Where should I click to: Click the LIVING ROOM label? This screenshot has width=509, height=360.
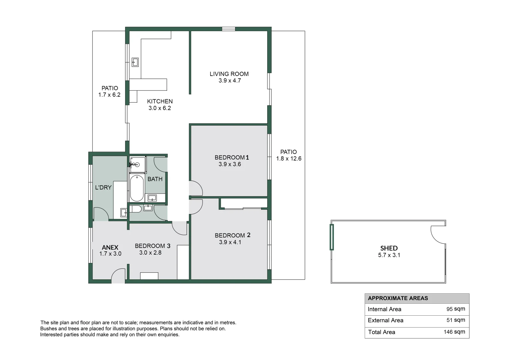(229, 74)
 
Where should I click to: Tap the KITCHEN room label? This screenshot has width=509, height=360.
(160, 101)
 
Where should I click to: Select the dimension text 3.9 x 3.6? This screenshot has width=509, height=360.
(229, 164)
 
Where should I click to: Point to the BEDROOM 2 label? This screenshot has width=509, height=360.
(232, 235)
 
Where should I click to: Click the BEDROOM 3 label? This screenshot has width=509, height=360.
(152, 246)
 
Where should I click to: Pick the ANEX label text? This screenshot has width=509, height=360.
(110, 247)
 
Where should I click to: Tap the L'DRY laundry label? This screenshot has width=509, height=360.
(103, 188)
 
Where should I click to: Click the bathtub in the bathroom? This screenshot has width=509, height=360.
(137, 188)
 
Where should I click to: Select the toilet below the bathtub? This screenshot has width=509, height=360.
(135, 209)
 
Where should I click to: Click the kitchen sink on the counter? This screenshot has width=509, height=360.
(135, 62)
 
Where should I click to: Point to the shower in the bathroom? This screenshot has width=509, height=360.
(137, 165)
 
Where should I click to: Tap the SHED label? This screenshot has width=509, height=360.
(389, 248)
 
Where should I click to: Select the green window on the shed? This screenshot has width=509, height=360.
(332, 237)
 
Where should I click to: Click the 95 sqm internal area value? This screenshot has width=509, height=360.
(455, 309)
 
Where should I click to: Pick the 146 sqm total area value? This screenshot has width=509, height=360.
(454, 332)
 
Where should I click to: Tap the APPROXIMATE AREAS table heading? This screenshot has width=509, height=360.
(398, 298)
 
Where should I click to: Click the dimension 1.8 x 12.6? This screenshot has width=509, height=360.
(289, 159)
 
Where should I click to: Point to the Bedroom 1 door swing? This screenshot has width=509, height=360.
(196, 189)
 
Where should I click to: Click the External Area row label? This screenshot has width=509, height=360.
(385, 320)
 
